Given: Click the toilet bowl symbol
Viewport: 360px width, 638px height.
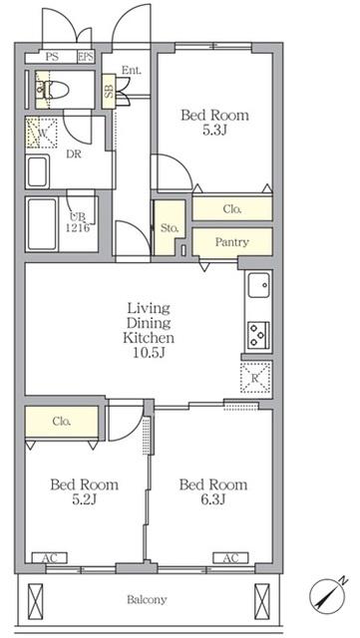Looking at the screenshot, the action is click(52, 90).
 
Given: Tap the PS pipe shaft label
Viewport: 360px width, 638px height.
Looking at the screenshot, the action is click(52, 57).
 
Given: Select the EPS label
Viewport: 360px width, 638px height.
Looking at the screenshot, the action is click(86, 57).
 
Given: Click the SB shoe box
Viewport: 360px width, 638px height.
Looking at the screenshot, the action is click(109, 91).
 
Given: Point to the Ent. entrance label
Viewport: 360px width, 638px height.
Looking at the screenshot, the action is click(132, 71).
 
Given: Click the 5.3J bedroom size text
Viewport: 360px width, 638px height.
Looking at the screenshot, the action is click(214, 131).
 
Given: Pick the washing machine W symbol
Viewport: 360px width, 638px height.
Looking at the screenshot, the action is click(42, 133).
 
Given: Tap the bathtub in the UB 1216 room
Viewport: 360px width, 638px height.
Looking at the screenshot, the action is click(42, 224).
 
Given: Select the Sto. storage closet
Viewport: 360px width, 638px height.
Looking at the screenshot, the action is click(170, 228).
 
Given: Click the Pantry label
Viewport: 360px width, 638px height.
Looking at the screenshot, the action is click(231, 242).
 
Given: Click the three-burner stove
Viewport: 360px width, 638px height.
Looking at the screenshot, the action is click(257, 335).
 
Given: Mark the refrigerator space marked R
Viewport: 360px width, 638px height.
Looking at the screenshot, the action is click(255, 378).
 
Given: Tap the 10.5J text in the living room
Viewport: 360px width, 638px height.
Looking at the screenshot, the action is click(149, 353).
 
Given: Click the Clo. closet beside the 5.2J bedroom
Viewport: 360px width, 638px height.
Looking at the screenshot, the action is click(62, 423).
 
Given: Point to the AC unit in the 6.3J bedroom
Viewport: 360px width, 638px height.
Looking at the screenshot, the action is click(230, 558).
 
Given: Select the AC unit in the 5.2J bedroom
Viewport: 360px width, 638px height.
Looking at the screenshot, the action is click(49, 558).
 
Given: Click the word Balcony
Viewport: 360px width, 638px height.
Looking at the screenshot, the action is click(147, 600).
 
